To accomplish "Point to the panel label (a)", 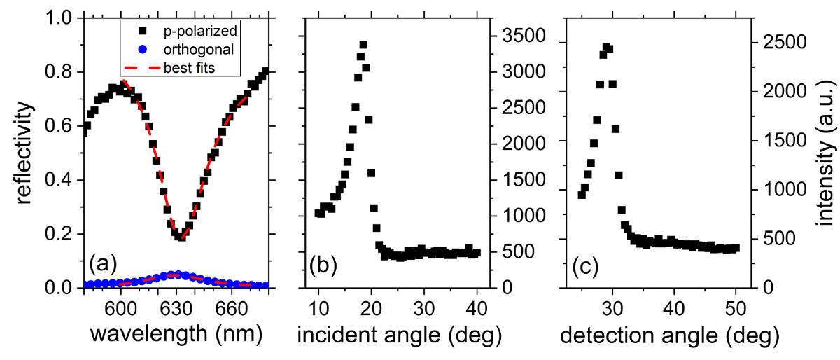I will [103, 265].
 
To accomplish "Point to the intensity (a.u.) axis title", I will [826, 152].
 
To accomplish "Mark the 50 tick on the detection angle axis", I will [735, 306].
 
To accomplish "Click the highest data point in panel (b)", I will [363, 45].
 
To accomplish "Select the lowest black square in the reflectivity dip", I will [181, 236].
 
